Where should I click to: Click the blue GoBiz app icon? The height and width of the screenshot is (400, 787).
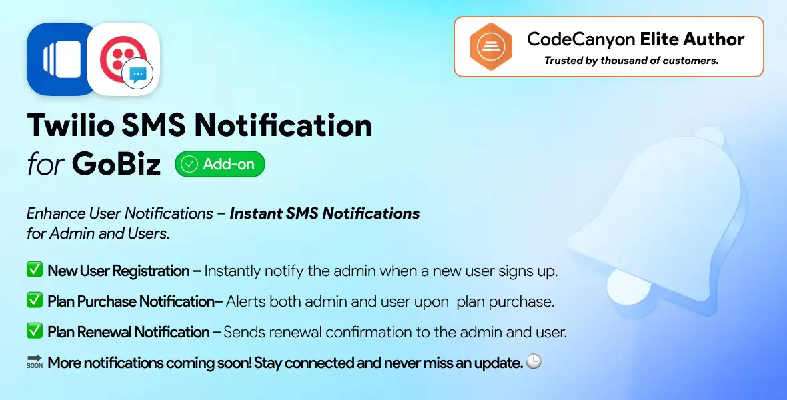pyautogui.click(x=60, y=59)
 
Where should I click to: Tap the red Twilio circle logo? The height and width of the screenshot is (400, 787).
pyautogui.click(x=123, y=59)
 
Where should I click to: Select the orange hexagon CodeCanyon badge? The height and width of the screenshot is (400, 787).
pyautogui.click(x=491, y=47)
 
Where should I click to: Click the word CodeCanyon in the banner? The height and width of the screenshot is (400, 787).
pyautogui.click(x=581, y=39)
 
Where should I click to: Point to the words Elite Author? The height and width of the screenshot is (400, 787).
pyautogui.click(x=692, y=39)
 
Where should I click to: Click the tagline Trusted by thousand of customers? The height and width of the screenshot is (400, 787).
pyautogui.click(x=632, y=61)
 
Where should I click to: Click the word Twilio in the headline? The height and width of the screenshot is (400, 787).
pyautogui.click(x=71, y=125)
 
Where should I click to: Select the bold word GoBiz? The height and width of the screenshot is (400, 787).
pyautogui.click(x=116, y=163)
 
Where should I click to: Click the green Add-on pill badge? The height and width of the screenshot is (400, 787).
pyautogui.click(x=220, y=164)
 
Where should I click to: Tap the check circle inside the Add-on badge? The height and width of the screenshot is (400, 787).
pyautogui.click(x=189, y=164)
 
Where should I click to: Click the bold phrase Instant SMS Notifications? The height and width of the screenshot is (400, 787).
pyautogui.click(x=325, y=213)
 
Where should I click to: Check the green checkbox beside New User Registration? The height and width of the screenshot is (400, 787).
pyautogui.click(x=35, y=270)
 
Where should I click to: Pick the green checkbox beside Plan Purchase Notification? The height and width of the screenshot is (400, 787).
pyautogui.click(x=35, y=301)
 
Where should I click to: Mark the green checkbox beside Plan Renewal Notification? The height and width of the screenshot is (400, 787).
pyautogui.click(x=35, y=331)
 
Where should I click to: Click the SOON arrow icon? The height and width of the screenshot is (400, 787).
pyautogui.click(x=35, y=361)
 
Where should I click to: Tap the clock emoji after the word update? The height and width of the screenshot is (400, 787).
pyautogui.click(x=534, y=361)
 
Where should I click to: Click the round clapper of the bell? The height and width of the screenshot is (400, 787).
pyautogui.click(x=628, y=287)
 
